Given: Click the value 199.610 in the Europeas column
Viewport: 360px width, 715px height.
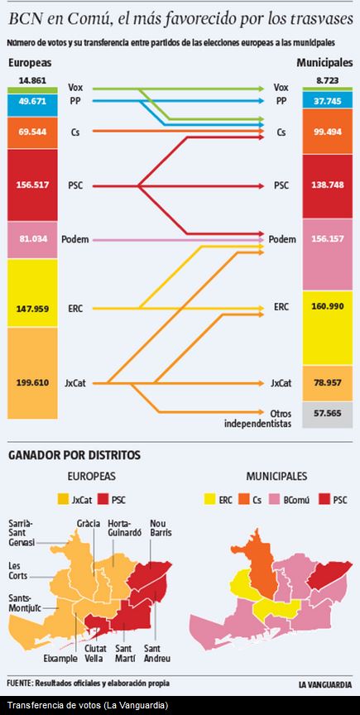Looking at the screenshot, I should tap(32, 383).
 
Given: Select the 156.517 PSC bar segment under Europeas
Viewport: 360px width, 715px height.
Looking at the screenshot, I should tap(32, 185).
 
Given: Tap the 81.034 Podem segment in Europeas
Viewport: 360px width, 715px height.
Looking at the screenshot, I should tap(32, 239).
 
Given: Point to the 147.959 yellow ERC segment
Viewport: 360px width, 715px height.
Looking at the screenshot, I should tap(32, 309).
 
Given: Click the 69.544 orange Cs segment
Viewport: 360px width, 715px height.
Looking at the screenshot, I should tap(32, 132).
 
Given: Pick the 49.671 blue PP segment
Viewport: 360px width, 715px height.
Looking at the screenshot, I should tap(32, 101).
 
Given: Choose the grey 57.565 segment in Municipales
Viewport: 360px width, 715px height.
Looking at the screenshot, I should tap(328, 411).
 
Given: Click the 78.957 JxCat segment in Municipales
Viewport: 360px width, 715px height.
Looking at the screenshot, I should tap(328, 383).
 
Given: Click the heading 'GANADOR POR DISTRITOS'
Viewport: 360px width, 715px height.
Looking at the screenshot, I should tap(74, 454).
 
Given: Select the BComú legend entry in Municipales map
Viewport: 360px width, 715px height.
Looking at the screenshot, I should tap(295, 499).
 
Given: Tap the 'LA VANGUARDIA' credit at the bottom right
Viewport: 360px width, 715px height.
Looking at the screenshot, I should tap(324, 684).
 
